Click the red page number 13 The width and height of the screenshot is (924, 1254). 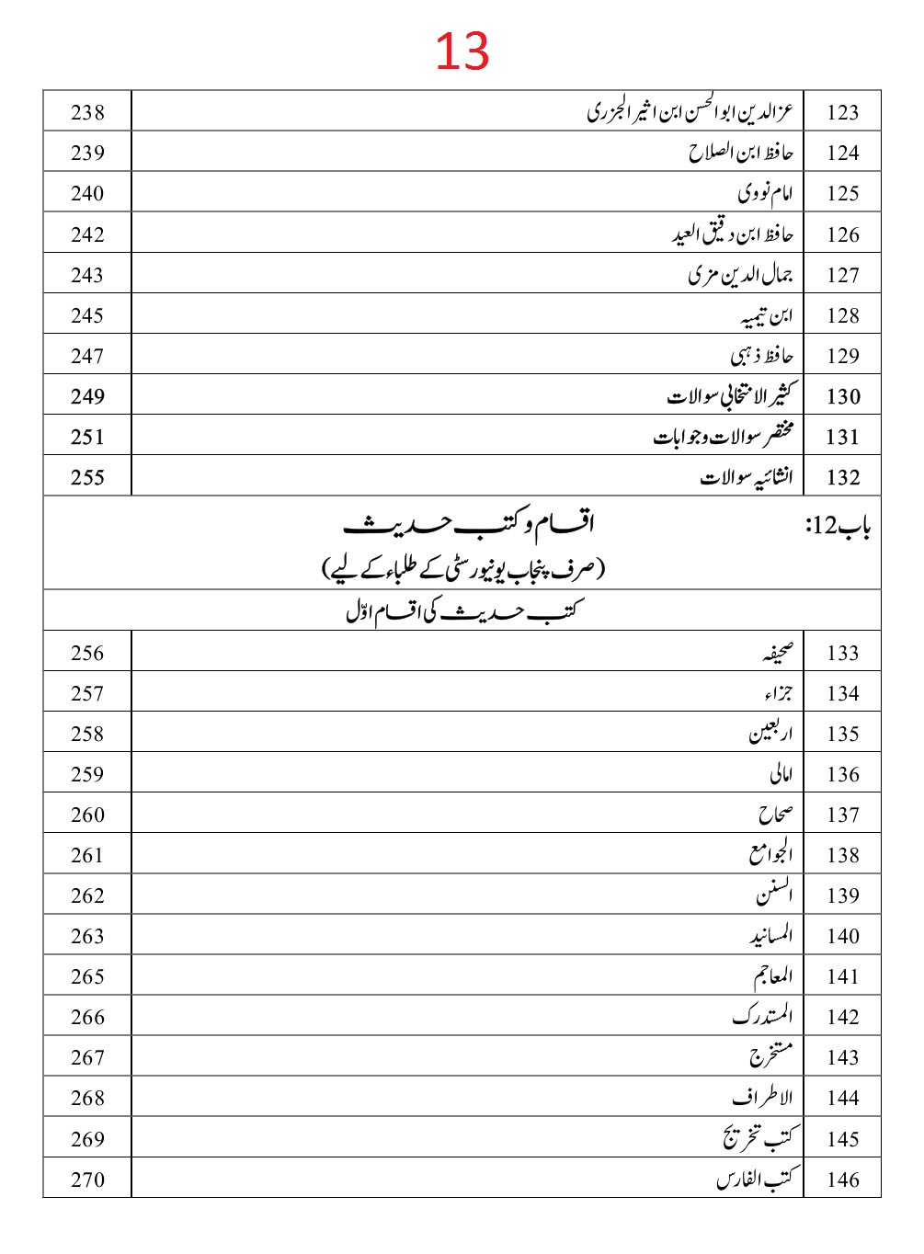[462, 51]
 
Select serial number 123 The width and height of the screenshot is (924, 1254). [842, 112]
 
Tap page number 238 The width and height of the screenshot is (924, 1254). [87, 112]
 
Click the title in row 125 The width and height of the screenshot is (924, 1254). [765, 193]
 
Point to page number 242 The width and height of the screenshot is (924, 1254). [87, 234]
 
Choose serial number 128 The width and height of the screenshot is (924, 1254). [842, 315]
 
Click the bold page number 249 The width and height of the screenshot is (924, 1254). [87, 396]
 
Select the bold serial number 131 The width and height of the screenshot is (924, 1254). [842, 437]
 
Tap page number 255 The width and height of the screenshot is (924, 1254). [87, 477]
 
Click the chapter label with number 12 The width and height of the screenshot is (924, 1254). [838, 526]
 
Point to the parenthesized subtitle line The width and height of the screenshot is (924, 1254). [462, 569]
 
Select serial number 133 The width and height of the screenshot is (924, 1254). [842, 653]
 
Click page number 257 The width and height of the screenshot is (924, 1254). [87, 693]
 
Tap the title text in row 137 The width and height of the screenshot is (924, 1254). [775, 815]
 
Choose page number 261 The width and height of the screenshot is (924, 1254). [87, 855]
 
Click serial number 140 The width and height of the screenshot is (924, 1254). [842, 936]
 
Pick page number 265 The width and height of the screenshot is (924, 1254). [87, 976]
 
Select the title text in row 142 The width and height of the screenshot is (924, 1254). [762, 1016]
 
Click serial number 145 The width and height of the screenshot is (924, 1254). [842, 1138]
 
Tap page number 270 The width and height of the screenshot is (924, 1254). [87, 1179]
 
